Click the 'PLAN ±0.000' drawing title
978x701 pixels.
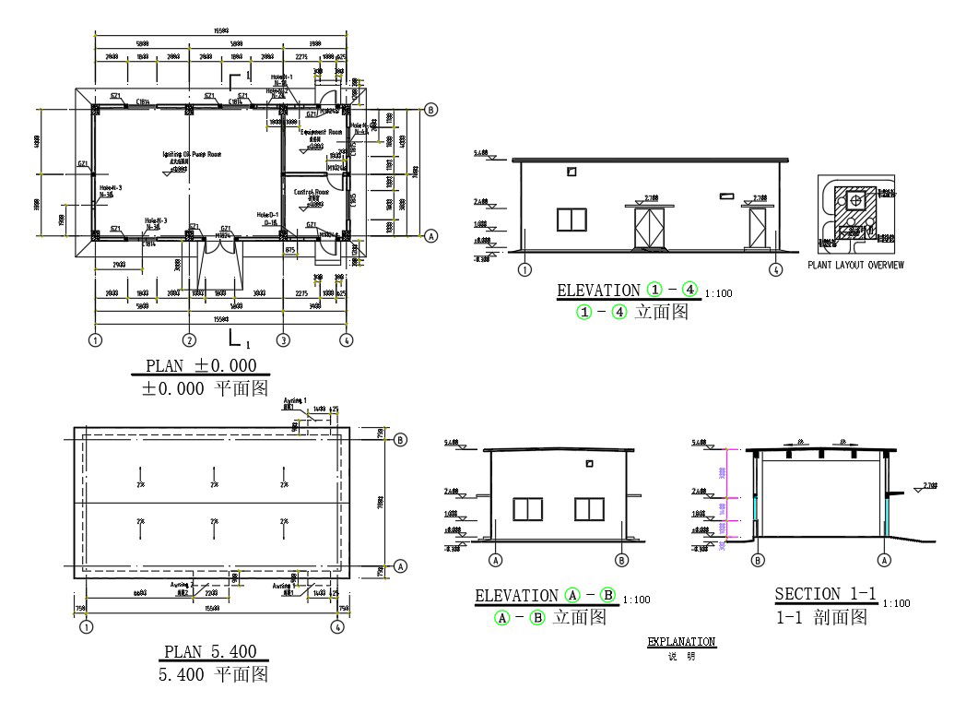pyautogui.click(x=200, y=365)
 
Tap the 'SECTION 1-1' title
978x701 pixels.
pyautogui.click(x=825, y=594)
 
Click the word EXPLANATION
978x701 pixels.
pyautogui.click(x=681, y=642)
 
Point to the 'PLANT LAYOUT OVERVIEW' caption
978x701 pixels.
pyautogui.click(x=855, y=265)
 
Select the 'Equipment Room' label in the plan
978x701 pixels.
pyautogui.click(x=321, y=132)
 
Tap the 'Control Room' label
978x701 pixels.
pyautogui.click(x=312, y=192)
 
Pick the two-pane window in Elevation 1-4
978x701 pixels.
pyautogui.click(x=571, y=220)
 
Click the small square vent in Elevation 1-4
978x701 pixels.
pyautogui.click(x=572, y=172)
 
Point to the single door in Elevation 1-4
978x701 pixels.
pyautogui.click(x=759, y=229)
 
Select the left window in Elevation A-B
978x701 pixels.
pyautogui.click(x=527, y=509)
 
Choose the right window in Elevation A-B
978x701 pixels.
pyautogui.click(x=588, y=509)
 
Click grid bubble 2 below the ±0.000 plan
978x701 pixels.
pyautogui.click(x=189, y=339)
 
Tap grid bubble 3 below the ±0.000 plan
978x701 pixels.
pyautogui.click(x=283, y=339)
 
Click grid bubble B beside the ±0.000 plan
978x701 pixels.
pyautogui.click(x=430, y=109)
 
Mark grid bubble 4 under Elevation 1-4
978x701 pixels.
pyautogui.click(x=776, y=270)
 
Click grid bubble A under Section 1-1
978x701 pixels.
pyautogui.click(x=885, y=559)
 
